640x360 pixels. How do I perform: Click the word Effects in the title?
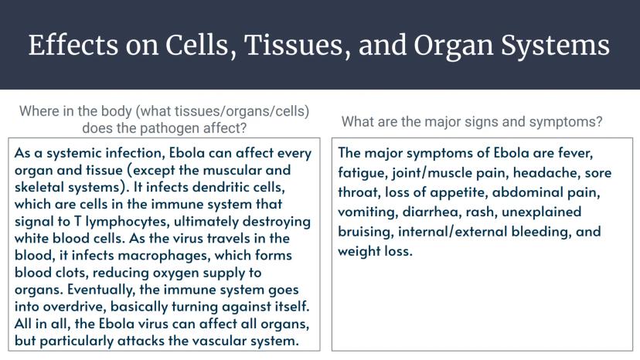73,45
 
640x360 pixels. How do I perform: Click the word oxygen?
176,273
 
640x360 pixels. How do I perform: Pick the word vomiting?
368,212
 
